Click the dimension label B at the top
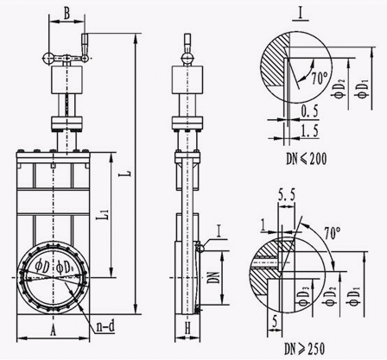pos(67,14)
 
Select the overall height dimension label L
pos(128,173)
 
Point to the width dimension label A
pos(53,331)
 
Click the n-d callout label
pos(105,326)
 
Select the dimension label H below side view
pos(187,328)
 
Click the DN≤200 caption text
pos(306,159)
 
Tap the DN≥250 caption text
pos(304,349)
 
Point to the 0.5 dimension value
pos(309,111)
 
